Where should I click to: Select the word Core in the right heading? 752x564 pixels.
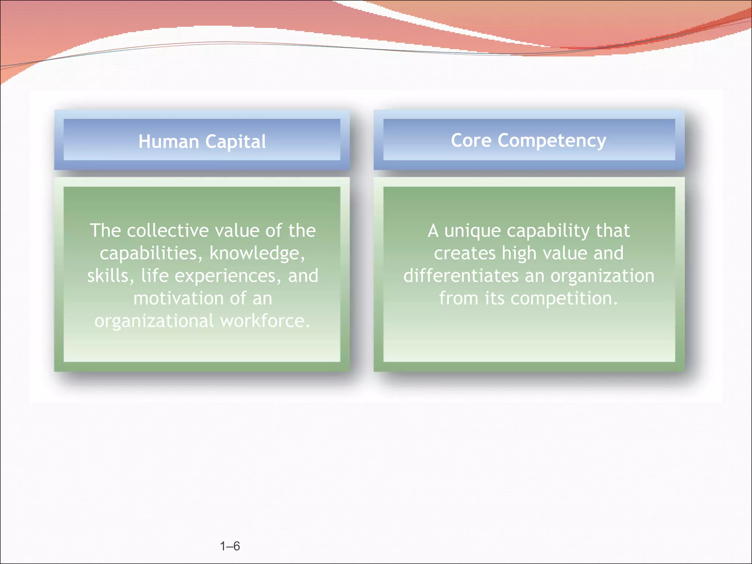tap(471, 140)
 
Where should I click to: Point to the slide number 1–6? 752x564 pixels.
tap(230, 546)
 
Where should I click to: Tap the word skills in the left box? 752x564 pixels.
tap(109, 276)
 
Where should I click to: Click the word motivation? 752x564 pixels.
tap(178, 298)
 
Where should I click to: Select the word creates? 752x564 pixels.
tap(464, 253)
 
